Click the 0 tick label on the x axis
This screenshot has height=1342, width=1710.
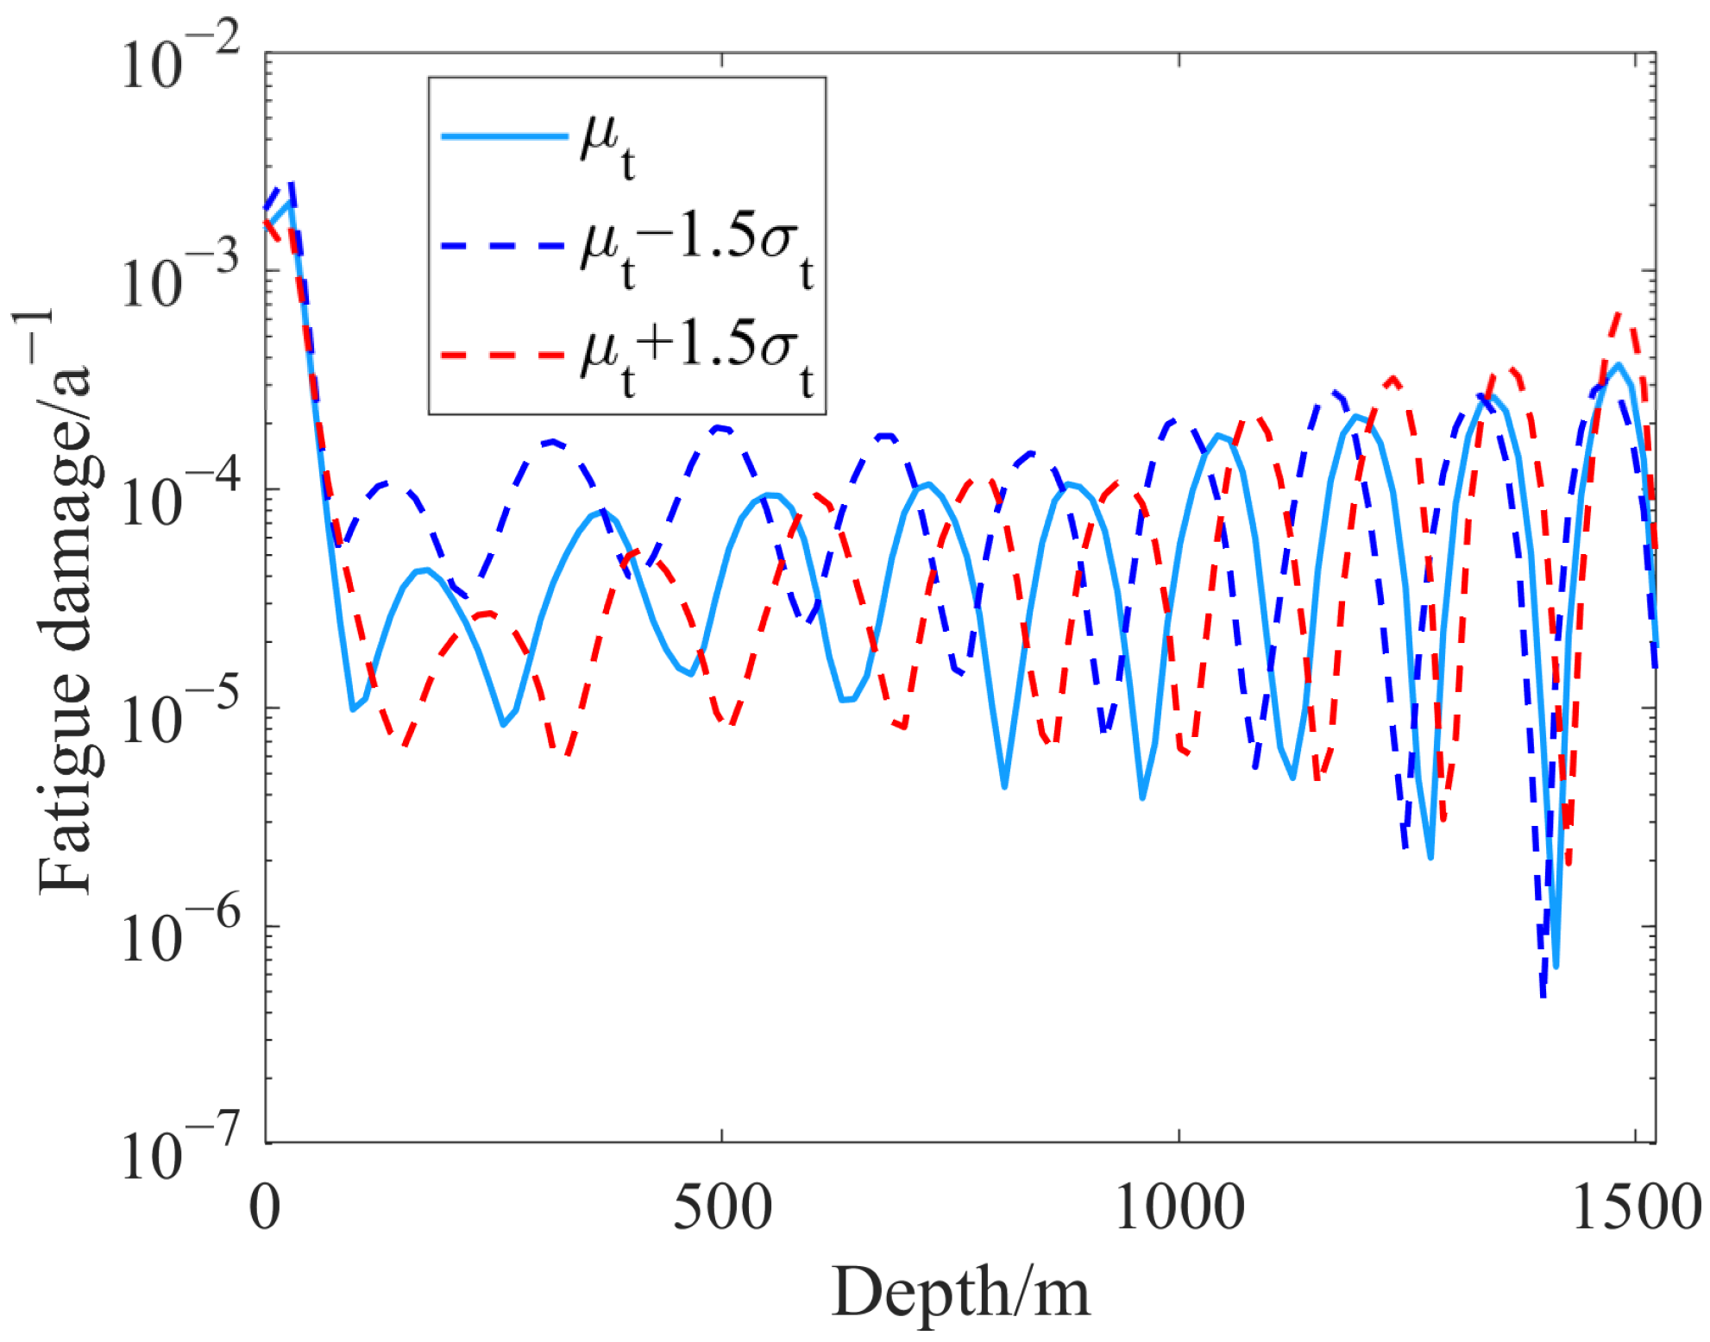click(265, 1207)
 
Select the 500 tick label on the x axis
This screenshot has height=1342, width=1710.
click(722, 1207)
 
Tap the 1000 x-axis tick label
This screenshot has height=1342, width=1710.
click(1179, 1207)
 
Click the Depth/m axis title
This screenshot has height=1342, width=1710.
click(960, 1293)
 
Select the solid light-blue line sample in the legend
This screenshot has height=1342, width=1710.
click(504, 136)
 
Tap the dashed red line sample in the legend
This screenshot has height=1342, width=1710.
click(504, 355)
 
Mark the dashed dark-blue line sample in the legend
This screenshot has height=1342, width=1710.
click(504, 246)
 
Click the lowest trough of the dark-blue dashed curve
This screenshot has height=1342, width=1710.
click(1543, 996)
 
